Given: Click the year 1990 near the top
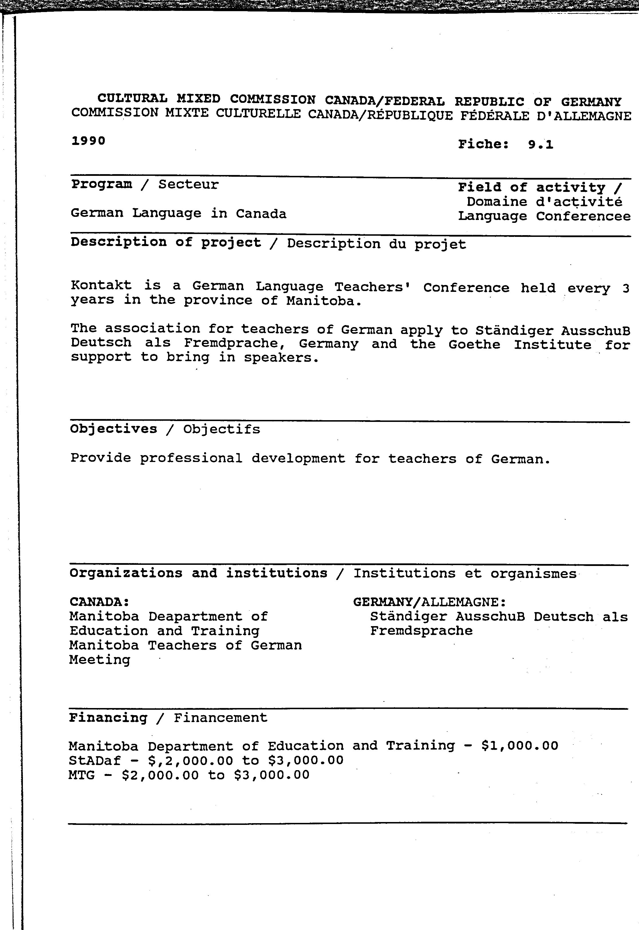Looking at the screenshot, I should click(88, 141).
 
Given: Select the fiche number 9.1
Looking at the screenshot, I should click(540, 144).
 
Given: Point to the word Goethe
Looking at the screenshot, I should click(474, 345).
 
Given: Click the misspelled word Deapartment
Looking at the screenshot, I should click(195, 616).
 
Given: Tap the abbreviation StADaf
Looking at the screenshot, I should click(94, 760).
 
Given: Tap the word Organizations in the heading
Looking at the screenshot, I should click(126, 573).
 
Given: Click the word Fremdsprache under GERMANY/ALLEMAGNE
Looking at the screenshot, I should click(421, 631).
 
